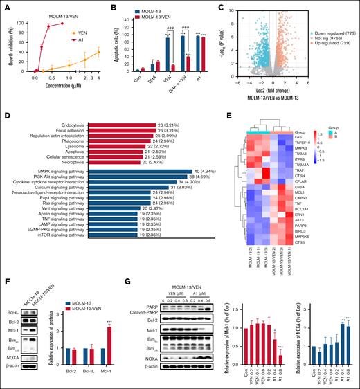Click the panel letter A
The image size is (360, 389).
(5, 6)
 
